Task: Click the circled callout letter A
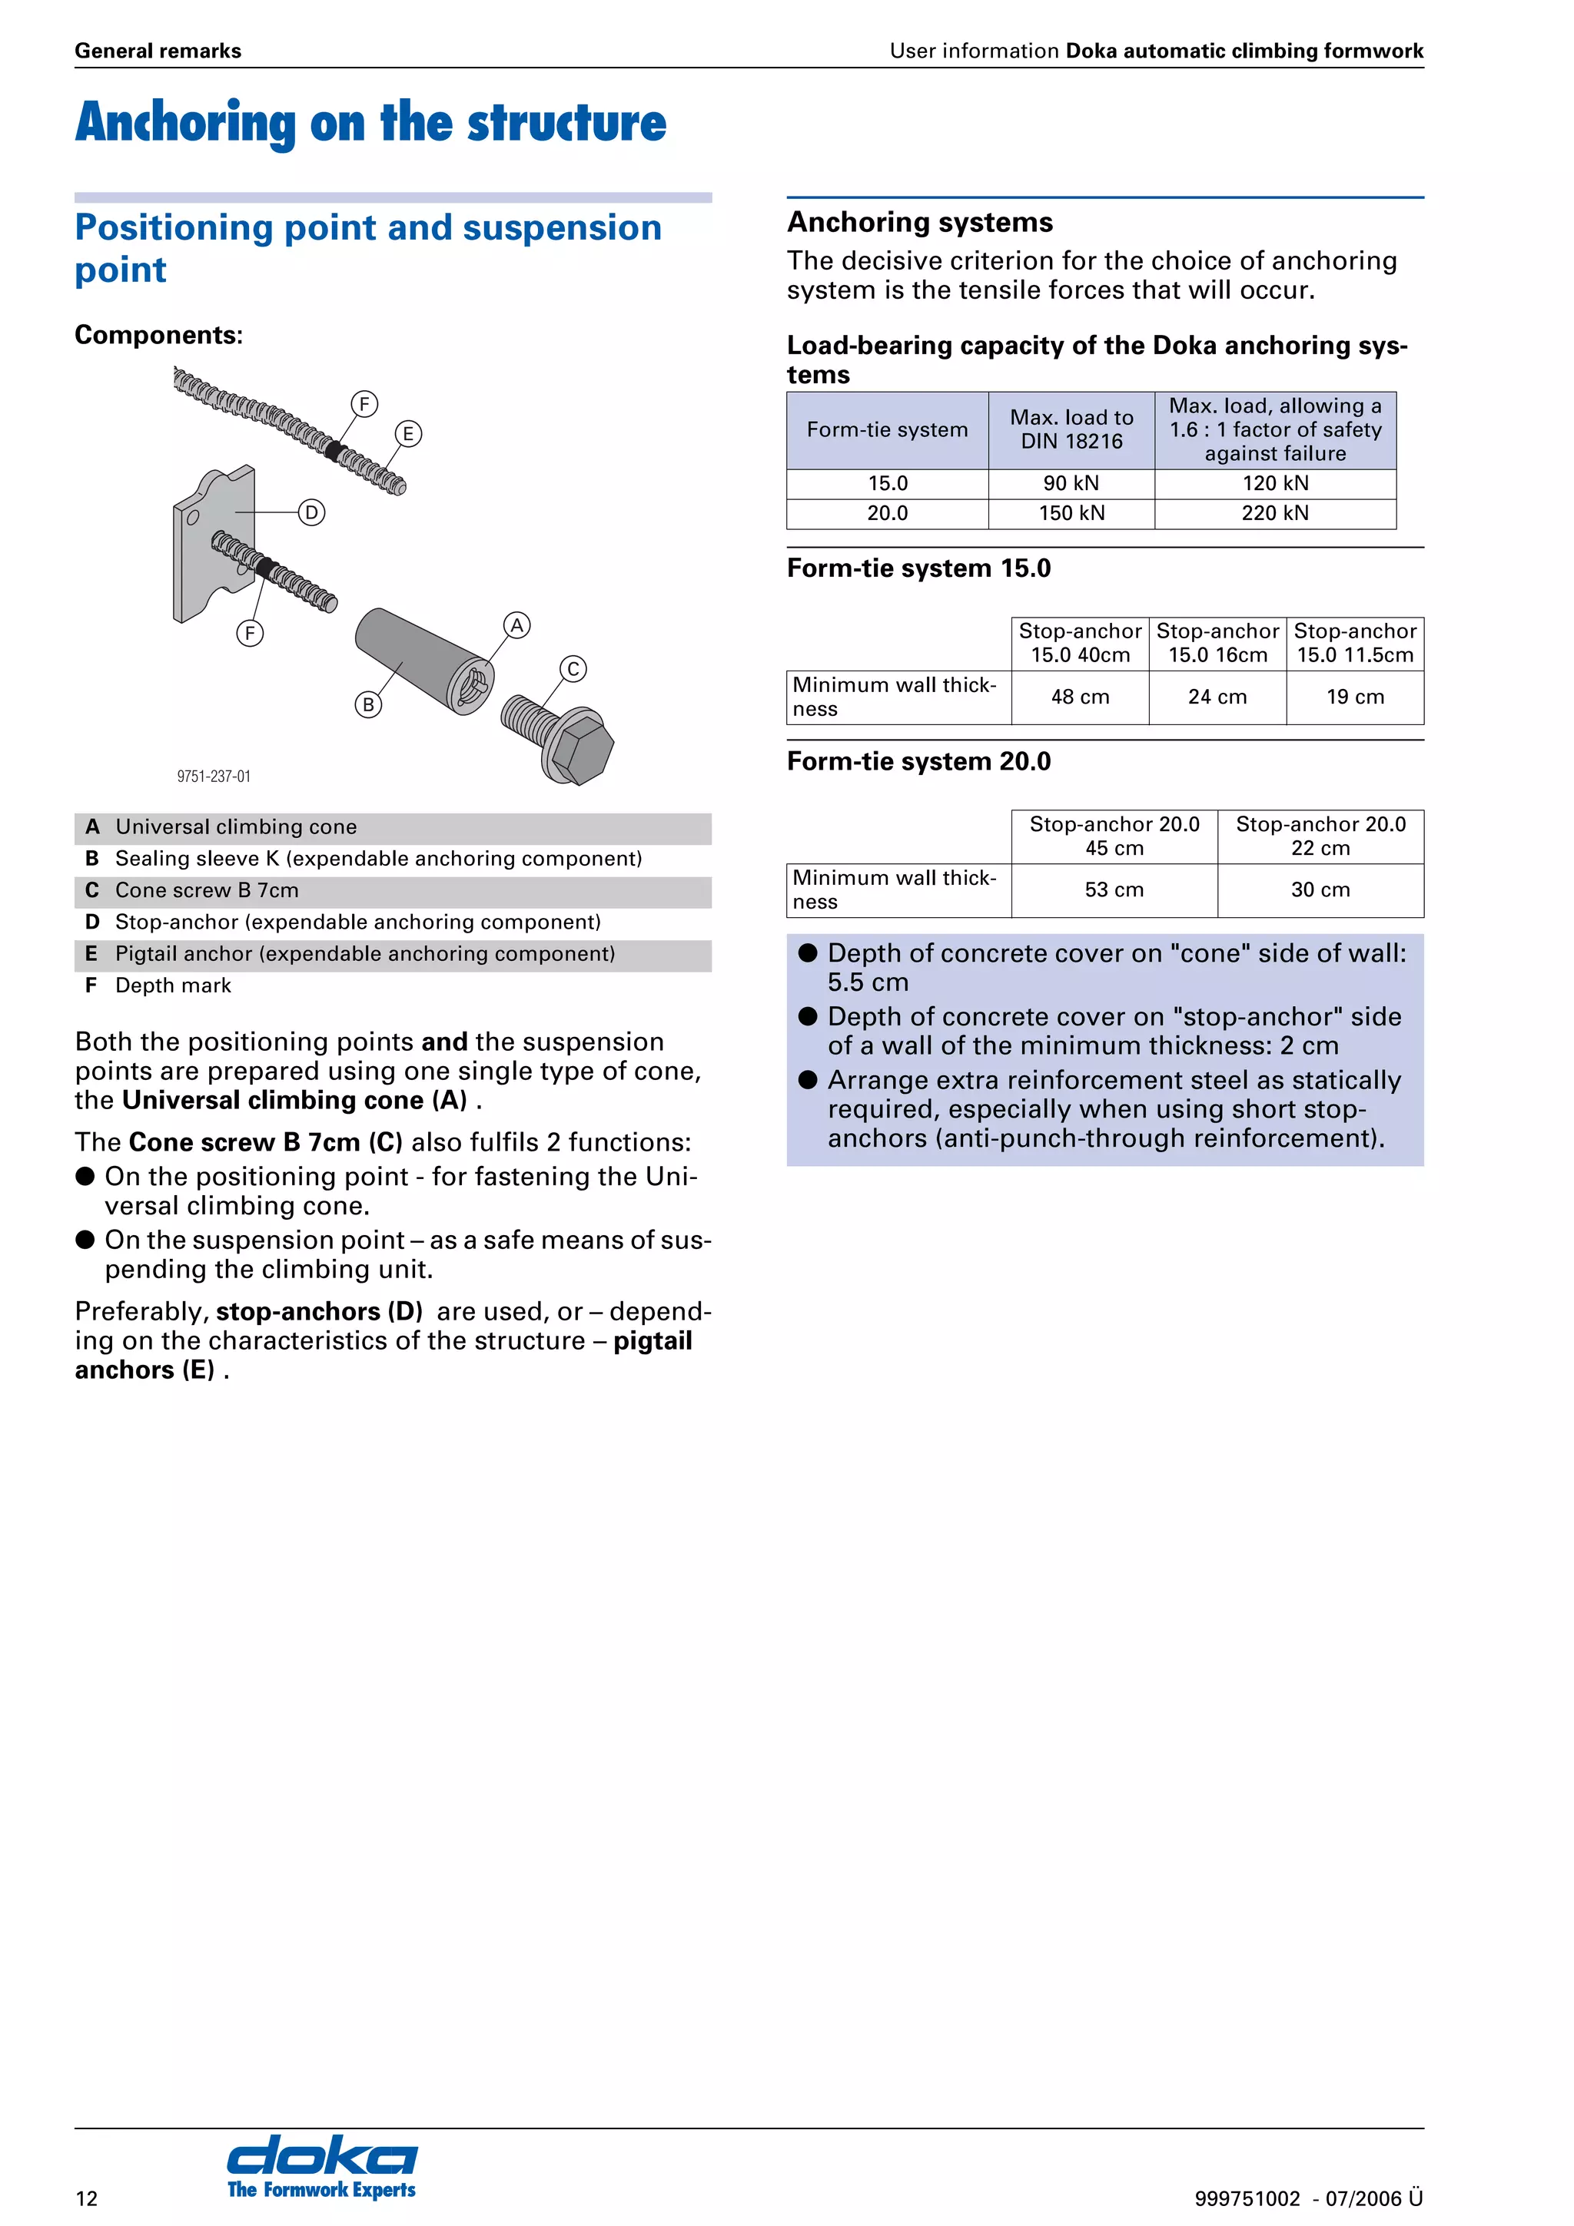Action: click(517, 625)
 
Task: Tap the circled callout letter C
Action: click(573, 669)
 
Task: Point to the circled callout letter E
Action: click(408, 433)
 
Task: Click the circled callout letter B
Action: click(367, 705)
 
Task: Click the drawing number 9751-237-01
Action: click(214, 777)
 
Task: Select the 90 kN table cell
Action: click(1071, 484)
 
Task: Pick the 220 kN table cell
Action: click(1274, 513)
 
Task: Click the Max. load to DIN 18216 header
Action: click(1071, 429)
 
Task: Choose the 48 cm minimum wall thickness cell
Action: click(1079, 697)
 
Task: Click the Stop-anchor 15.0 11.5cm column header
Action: click(1355, 643)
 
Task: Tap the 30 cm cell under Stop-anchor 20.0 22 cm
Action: click(1320, 890)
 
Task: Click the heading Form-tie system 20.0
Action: click(918, 761)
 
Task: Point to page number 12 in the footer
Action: click(86, 2198)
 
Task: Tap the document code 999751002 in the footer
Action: click(1246, 2198)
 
